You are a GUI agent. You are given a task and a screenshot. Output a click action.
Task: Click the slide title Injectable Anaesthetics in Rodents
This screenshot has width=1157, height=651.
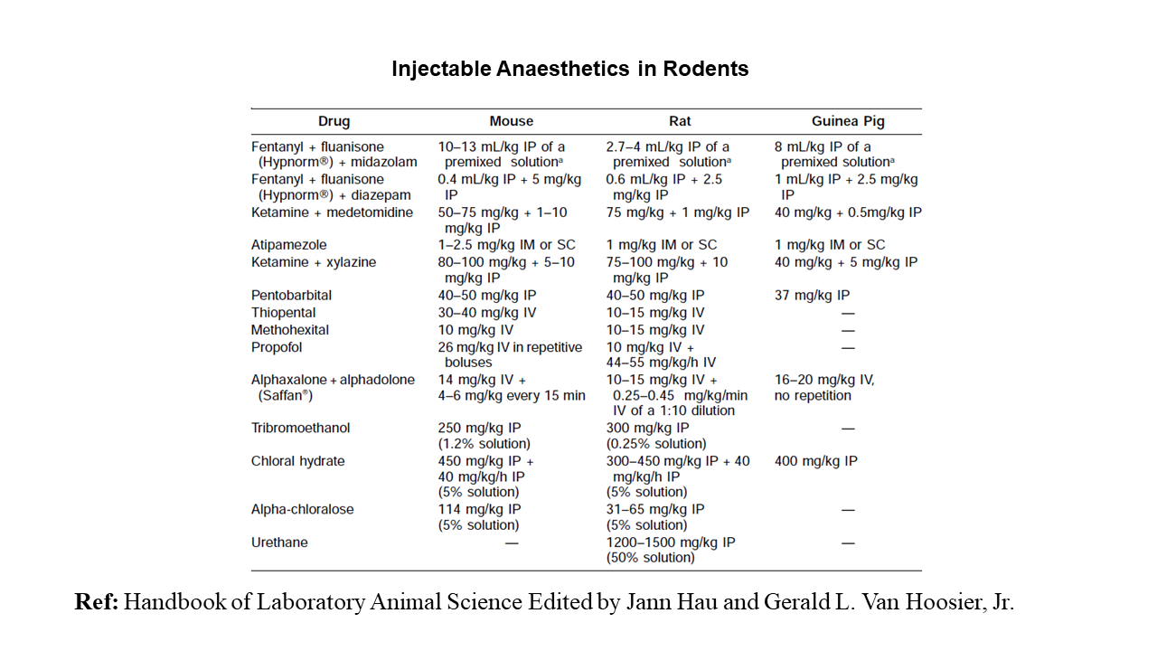coord(569,69)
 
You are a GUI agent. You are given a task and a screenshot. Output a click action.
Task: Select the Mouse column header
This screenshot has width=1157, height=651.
coord(512,121)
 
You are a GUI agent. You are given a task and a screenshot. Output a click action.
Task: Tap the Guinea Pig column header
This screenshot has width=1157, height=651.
coord(848,121)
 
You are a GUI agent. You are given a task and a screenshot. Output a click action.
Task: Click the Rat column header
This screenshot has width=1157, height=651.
coord(680,121)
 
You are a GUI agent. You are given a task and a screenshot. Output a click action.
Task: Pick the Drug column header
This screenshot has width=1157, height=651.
coord(334,121)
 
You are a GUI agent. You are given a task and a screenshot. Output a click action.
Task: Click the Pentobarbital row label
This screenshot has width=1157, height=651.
coord(291,295)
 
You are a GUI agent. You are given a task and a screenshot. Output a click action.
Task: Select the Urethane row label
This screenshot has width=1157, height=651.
coord(279,542)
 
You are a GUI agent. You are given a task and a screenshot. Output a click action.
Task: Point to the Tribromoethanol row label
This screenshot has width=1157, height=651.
coord(300,428)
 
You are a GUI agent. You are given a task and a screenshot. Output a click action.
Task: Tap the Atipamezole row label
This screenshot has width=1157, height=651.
coord(289,245)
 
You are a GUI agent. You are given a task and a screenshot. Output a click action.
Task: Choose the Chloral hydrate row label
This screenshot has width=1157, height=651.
coord(297,461)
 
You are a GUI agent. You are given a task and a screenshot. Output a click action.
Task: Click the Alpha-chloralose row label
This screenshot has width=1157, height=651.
coord(302,509)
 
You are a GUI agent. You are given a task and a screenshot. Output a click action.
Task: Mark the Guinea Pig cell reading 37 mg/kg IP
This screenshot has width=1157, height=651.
coord(812,295)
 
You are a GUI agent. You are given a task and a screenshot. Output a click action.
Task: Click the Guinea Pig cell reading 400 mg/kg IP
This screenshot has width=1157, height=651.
coord(815,461)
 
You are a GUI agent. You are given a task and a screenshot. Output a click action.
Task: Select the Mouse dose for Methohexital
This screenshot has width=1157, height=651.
coord(475,330)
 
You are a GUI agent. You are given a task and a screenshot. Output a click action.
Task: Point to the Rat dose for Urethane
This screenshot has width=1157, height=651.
coord(670,550)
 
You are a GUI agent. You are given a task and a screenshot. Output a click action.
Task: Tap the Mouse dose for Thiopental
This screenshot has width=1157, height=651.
coord(486,313)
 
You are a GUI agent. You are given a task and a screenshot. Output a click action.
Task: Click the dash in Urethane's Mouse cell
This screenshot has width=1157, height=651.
coord(512,542)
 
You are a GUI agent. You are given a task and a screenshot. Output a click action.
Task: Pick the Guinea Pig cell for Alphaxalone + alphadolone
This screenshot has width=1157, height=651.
coord(823,388)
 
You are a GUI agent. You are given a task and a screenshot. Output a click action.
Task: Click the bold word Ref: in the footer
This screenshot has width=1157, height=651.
coord(96,602)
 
